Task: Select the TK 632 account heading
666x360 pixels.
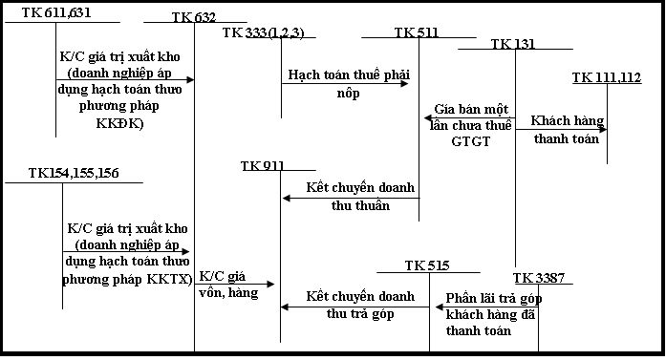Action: pos(194,17)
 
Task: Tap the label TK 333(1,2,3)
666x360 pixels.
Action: pos(263,32)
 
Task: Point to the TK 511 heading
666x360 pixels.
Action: pos(417,32)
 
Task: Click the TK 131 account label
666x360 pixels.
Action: pos(513,44)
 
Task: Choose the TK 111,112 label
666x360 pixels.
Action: pos(607,77)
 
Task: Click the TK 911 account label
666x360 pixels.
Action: pos(263,165)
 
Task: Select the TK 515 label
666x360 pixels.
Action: pos(427,265)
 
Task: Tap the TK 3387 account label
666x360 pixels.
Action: pos(538,277)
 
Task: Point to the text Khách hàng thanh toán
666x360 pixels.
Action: pos(567,130)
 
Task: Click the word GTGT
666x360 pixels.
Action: pos(469,140)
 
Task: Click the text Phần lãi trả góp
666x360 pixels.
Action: pos(494,299)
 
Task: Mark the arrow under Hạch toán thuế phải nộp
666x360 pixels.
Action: pos(344,83)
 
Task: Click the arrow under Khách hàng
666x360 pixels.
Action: pos(562,129)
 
